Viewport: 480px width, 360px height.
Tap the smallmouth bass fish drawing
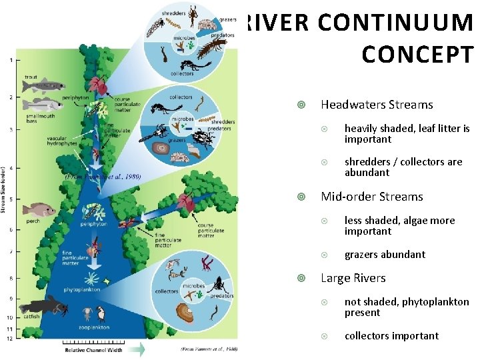pyautogui.click(x=44, y=104)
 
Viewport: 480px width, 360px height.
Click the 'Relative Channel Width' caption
pyautogui.click(x=93, y=349)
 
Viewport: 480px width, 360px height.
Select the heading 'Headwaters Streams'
pyautogui.click(x=377, y=105)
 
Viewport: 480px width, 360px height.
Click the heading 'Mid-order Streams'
pyautogui.click(x=372, y=197)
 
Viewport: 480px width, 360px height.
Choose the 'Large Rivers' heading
pyautogui.click(x=353, y=278)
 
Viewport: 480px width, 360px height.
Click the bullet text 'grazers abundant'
pyautogui.click(x=385, y=255)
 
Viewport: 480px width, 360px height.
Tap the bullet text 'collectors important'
pyautogui.click(x=391, y=336)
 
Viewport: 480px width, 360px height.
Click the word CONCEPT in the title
pyautogui.click(x=417, y=55)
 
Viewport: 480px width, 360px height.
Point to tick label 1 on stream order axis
pyautogui.click(x=10, y=60)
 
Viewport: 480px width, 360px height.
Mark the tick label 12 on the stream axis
pyautogui.click(x=10, y=339)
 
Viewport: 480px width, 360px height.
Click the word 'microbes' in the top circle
pyautogui.click(x=185, y=38)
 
